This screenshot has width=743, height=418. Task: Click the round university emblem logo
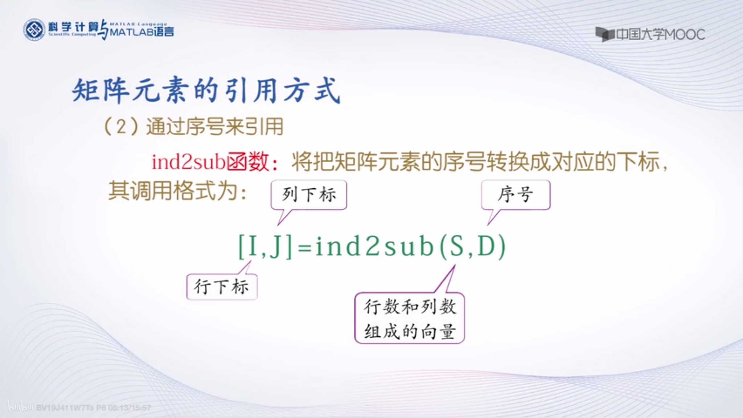(34, 30)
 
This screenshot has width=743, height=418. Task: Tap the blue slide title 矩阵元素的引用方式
(206, 90)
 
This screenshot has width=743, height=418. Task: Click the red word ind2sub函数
(211, 162)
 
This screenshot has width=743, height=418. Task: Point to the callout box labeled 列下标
(309, 195)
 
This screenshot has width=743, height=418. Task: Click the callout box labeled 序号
(516, 195)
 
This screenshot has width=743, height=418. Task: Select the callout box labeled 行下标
(222, 287)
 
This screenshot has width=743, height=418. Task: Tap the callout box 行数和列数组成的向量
(410, 319)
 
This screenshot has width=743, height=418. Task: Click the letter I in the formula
(253, 247)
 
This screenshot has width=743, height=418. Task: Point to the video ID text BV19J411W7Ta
(65, 408)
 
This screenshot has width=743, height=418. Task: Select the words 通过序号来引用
(214, 127)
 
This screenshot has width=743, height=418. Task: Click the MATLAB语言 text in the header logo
(141, 32)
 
